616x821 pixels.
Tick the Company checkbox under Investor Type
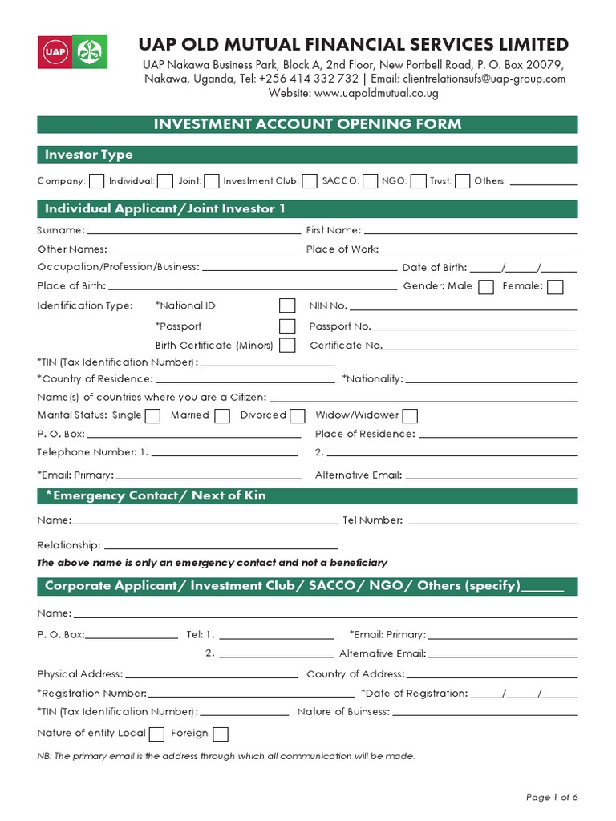(x=96, y=181)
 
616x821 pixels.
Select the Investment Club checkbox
(x=308, y=181)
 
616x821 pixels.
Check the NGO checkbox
(x=418, y=181)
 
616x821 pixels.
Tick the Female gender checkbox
(x=555, y=287)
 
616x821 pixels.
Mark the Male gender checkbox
(x=485, y=287)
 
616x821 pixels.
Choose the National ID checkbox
(x=287, y=305)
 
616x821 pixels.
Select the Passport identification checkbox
(x=287, y=326)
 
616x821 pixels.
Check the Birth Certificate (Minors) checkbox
(x=287, y=346)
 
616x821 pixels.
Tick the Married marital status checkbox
(x=222, y=415)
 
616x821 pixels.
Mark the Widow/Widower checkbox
(x=410, y=415)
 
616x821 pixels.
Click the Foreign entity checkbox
(x=221, y=734)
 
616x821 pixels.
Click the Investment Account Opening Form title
(x=307, y=124)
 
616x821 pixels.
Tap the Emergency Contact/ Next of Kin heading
(x=155, y=496)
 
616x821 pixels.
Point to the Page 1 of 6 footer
(x=552, y=797)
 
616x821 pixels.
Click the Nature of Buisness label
(x=343, y=712)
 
